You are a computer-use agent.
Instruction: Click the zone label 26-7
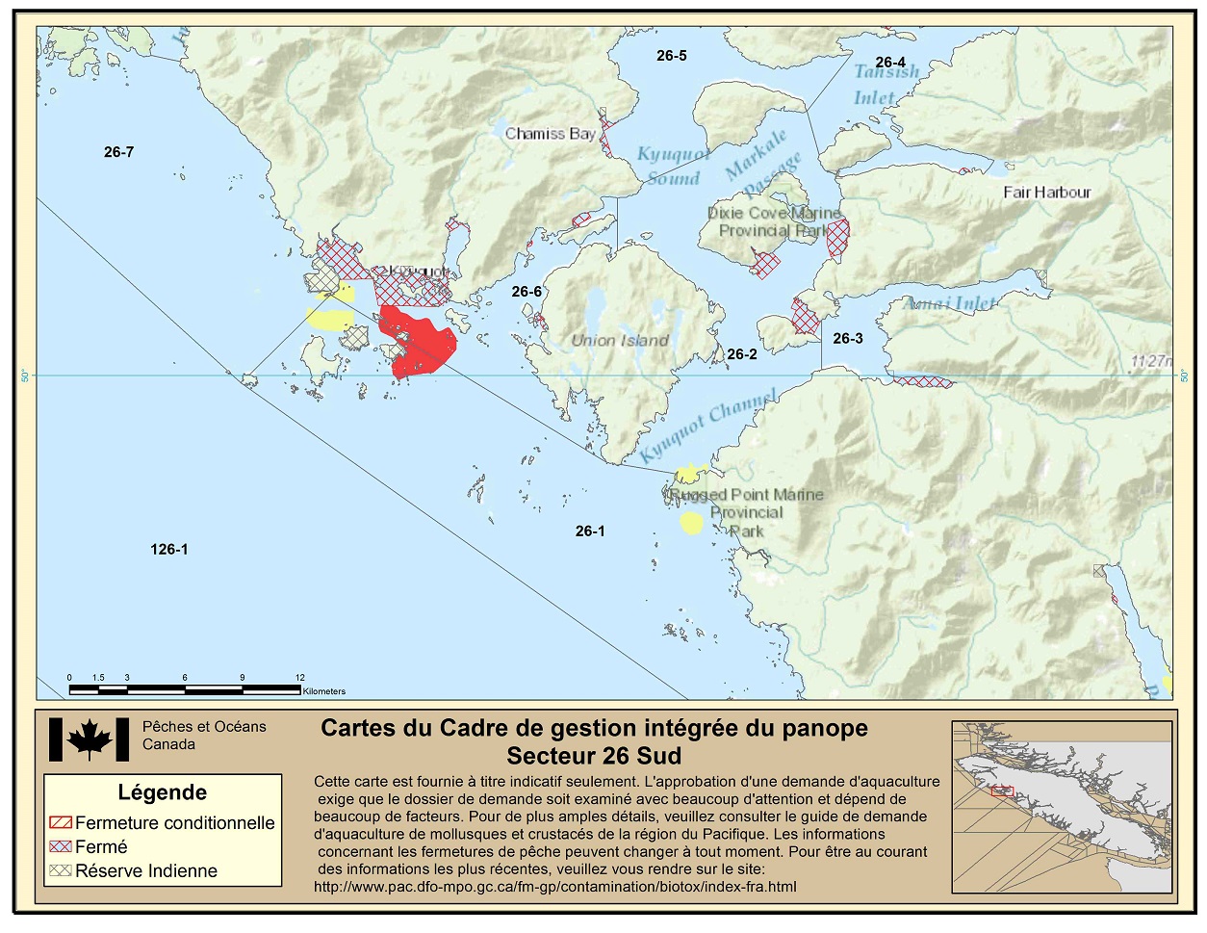pyautogui.click(x=118, y=152)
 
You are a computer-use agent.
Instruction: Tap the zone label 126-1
pyautogui.click(x=168, y=550)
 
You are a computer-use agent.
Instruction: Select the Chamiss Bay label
pyautogui.click(x=550, y=134)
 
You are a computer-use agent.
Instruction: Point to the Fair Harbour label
pyautogui.click(x=1046, y=192)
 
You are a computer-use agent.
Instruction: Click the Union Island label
pyautogui.click(x=619, y=340)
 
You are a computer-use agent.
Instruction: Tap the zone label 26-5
pyautogui.click(x=671, y=56)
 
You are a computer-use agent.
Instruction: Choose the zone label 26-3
pyautogui.click(x=847, y=338)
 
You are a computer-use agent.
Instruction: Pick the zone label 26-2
pyautogui.click(x=741, y=354)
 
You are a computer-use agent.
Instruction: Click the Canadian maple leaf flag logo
pyautogui.click(x=89, y=740)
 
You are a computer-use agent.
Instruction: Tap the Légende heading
pyautogui.click(x=162, y=792)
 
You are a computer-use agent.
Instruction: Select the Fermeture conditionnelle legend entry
pyautogui.click(x=162, y=823)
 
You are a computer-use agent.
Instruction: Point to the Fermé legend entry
pyautogui.click(x=89, y=846)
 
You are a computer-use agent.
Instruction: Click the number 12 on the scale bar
pyautogui.click(x=299, y=678)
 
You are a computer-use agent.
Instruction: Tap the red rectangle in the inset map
pyautogui.click(x=1002, y=791)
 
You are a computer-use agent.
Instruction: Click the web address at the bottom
pyautogui.click(x=554, y=886)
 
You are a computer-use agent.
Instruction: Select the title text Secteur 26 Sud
pyautogui.click(x=594, y=755)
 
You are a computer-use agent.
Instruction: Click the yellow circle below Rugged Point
pyautogui.click(x=690, y=523)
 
